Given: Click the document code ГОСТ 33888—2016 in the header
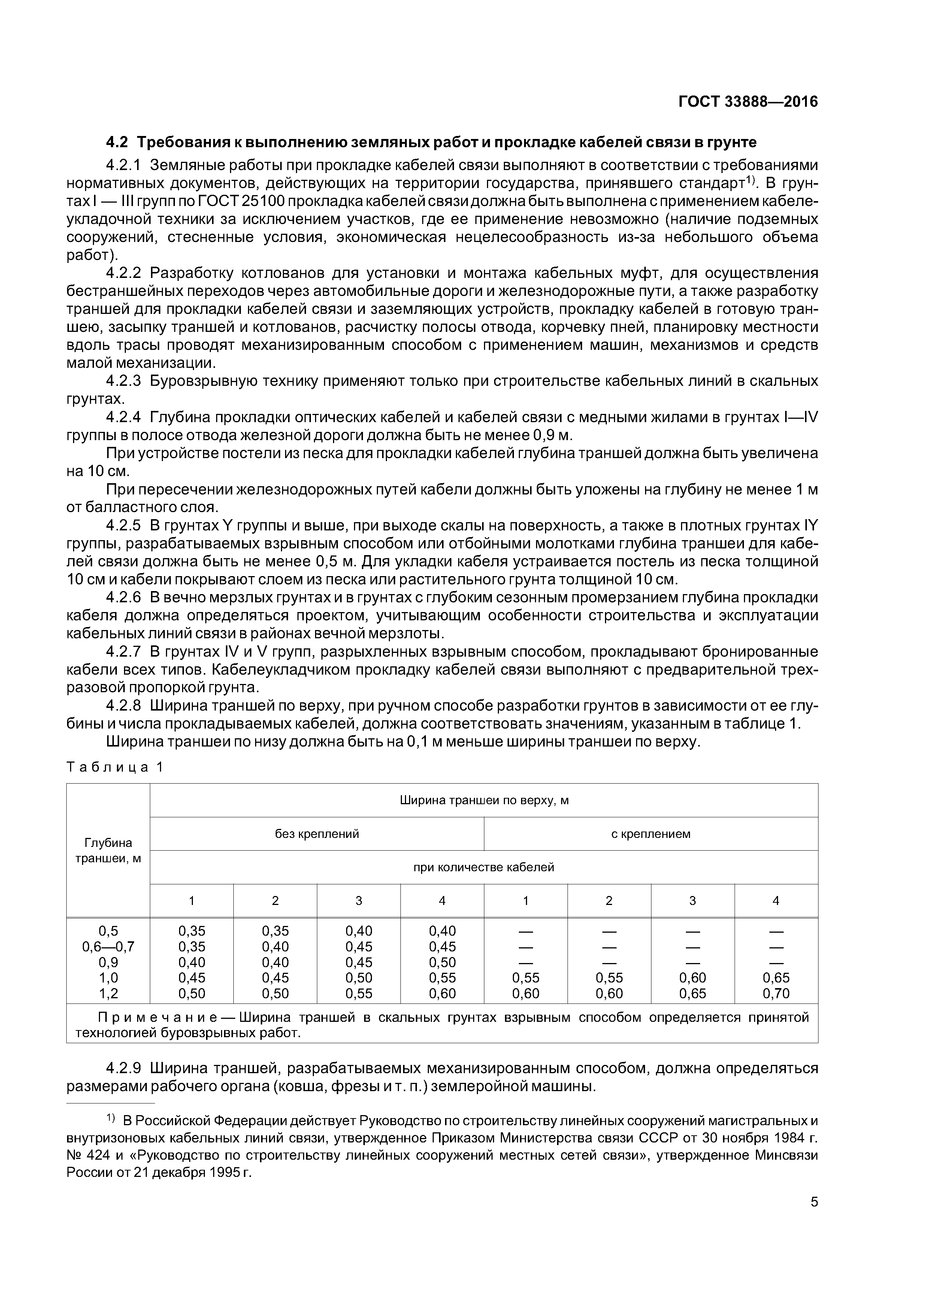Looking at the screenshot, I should click(x=748, y=102).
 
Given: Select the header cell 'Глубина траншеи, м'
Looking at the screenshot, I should click(x=108, y=850).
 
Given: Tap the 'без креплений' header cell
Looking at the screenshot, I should click(x=317, y=834).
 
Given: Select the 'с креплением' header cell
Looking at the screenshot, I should click(x=651, y=834).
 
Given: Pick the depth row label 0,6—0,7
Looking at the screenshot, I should click(x=108, y=947).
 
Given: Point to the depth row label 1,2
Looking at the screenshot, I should click(x=108, y=993).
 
